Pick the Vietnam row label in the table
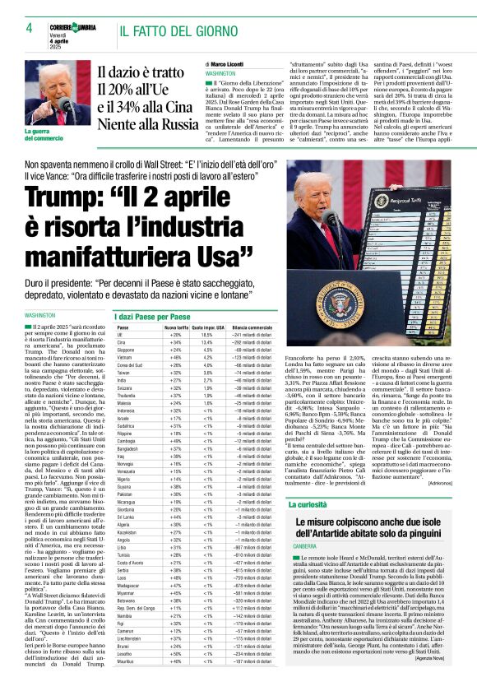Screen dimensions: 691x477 coord(126,359)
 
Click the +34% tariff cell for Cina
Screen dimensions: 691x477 coord(175,343)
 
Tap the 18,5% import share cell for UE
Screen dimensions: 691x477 coord(207,336)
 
